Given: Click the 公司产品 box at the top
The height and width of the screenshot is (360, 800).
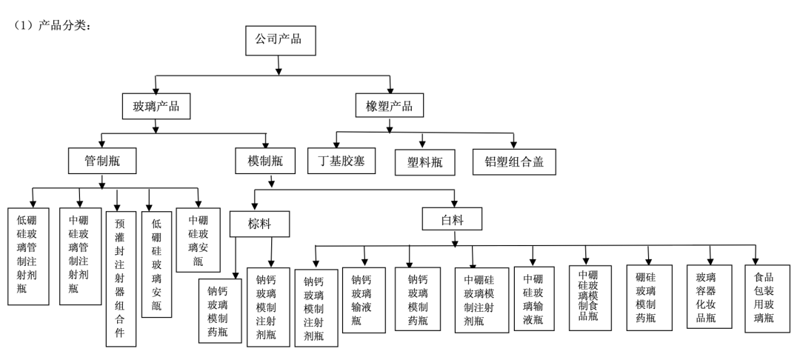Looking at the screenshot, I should [x=278, y=39].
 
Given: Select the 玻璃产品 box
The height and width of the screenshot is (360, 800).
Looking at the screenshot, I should [x=156, y=105].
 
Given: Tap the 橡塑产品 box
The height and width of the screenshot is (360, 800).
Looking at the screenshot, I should [x=390, y=105].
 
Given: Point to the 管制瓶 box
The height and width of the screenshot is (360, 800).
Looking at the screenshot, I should [x=101, y=159].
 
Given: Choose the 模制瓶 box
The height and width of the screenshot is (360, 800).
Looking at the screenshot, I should [x=266, y=159].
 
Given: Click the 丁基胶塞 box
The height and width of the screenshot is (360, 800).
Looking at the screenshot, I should [x=341, y=160].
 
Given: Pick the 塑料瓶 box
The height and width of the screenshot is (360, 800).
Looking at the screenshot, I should [x=423, y=161].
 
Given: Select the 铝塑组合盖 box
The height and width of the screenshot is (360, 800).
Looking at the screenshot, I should [x=514, y=161].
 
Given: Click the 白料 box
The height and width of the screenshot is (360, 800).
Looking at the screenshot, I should [x=453, y=219].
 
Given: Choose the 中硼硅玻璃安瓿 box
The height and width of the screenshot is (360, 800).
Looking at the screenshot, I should [x=198, y=230].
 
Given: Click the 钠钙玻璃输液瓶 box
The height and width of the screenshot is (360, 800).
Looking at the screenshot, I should [x=364, y=299].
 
